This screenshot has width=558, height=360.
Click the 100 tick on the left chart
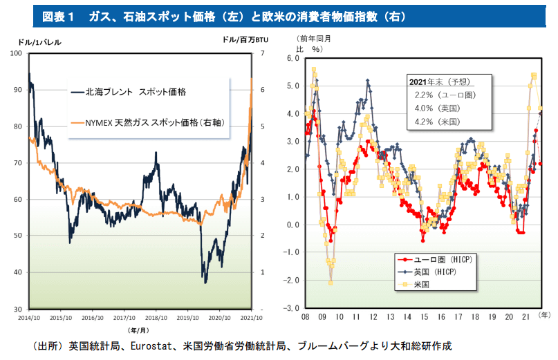coord(16,54)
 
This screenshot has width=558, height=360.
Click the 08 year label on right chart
coord(305,316)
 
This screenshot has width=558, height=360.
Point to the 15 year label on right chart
coord(425,316)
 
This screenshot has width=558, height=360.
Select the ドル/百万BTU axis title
coord(245,41)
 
